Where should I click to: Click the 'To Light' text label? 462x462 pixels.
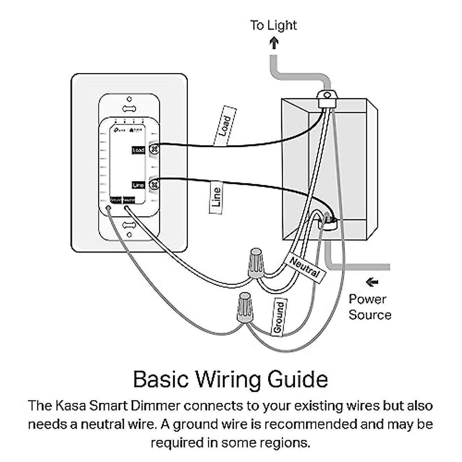[x=273, y=25]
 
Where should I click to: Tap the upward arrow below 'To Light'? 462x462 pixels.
[x=274, y=42]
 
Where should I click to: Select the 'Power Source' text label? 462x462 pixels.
[x=370, y=307]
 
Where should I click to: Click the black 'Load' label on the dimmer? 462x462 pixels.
[x=138, y=150]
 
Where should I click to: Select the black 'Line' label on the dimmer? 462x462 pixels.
[x=138, y=185]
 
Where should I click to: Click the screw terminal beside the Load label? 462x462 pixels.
[x=154, y=149]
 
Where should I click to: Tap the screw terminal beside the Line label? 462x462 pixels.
[x=154, y=185]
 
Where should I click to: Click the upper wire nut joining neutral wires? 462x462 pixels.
[x=255, y=263]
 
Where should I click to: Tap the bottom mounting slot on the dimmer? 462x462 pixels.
[x=129, y=224]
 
